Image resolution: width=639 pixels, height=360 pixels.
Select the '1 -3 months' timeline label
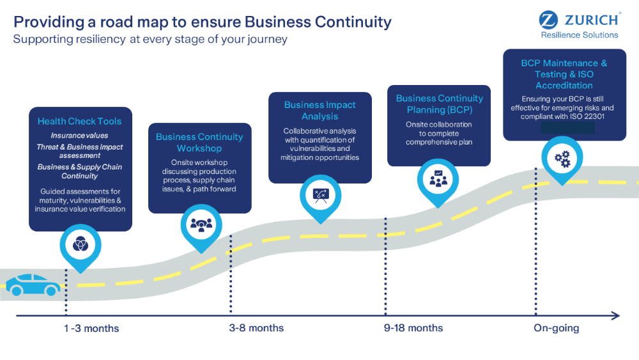[x=91, y=329]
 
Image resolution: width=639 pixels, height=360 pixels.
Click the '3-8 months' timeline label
[x=256, y=328]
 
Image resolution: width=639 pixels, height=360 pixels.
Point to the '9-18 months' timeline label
[x=413, y=328]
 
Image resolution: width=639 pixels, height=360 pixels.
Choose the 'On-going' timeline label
[x=557, y=328]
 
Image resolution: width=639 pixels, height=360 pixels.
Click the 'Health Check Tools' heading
[x=79, y=121]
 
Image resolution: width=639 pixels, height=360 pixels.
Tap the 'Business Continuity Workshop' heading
[x=199, y=143]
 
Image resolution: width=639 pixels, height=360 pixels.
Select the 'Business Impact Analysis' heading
[x=320, y=111]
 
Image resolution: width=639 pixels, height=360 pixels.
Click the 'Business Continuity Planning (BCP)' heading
[x=440, y=104]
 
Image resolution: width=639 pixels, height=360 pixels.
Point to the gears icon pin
[x=562, y=159]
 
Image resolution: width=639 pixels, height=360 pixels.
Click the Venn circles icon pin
[x=81, y=244]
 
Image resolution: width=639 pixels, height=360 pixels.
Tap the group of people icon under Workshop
[x=201, y=224]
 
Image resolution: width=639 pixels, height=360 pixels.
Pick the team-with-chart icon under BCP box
[x=438, y=178]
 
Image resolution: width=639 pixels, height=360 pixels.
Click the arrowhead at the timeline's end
[x=615, y=315]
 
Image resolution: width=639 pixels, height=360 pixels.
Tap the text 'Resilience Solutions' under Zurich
[x=580, y=35]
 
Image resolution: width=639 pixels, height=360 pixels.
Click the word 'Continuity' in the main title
[x=354, y=22]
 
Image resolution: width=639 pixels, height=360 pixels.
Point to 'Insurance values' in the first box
[x=79, y=136]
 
